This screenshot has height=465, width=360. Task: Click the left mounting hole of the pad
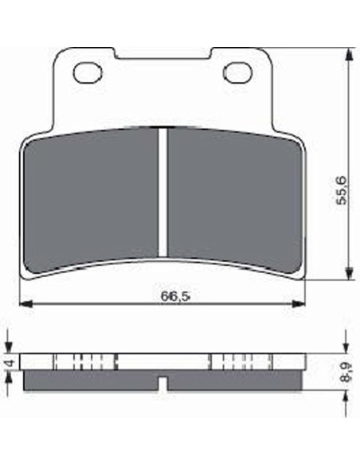point(88,73)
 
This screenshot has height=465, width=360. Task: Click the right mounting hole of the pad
point(237,73)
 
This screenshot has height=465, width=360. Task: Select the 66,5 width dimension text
point(175,295)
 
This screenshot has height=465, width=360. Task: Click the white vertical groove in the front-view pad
point(162,193)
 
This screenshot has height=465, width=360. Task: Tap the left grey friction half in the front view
point(91,199)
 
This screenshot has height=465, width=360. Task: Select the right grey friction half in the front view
point(235,199)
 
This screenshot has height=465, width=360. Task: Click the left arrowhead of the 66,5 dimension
point(25,303)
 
